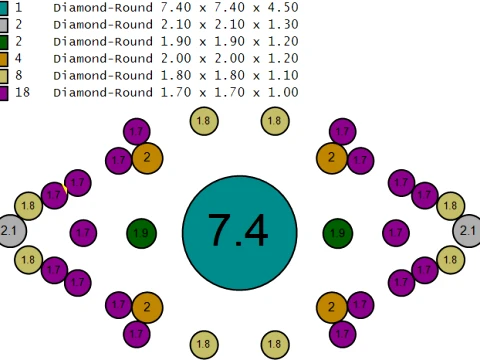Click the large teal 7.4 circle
click(240, 233)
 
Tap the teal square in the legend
click(3, 7)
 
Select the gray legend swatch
click(3, 25)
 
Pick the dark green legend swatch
click(3, 42)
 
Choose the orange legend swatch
click(3, 59)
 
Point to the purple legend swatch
click(3, 93)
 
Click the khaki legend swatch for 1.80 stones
click(3, 76)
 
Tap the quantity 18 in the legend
click(22, 92)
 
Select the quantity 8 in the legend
click(19, 75)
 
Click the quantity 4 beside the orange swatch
click(18, 58)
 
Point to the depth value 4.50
click(283, 7)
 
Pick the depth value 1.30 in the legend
click(283, 24)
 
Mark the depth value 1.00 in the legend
click(283, 92)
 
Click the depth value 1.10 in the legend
click(283, 75)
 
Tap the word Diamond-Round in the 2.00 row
click(103, 58)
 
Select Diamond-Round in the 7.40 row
click(103, 7)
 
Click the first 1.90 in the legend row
click(176, 41)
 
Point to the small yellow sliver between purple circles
click(64, 189)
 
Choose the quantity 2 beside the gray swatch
click(19, 24)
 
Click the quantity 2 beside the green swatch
click(19, 41)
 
